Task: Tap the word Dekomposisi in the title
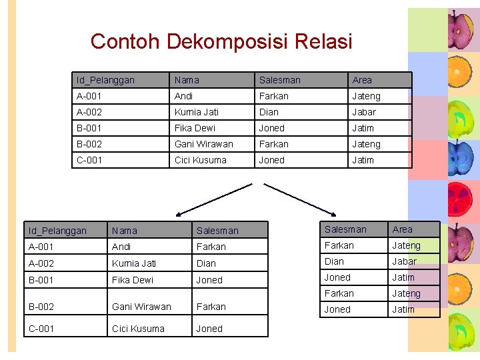tap(223, 42)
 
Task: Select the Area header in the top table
tap(362, 80)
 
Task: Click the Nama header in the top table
tap(187, 80)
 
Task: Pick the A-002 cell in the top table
tap(89, 112)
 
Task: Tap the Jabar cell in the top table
tap(364, 112)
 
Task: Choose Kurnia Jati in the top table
tap(196, 112)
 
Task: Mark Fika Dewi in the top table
tap(195, 128)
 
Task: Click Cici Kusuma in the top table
tap(200, 160)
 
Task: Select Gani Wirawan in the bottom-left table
tap(141, 307)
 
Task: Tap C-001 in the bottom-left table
tap(41, 329)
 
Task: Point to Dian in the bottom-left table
tap(206, 263)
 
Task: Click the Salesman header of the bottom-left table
tap(217, 231)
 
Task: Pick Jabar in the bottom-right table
tap(404, 261)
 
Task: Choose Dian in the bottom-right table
tap(334, 261)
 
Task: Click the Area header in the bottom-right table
tap(402, 229)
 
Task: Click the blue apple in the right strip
tap(460, 160)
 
